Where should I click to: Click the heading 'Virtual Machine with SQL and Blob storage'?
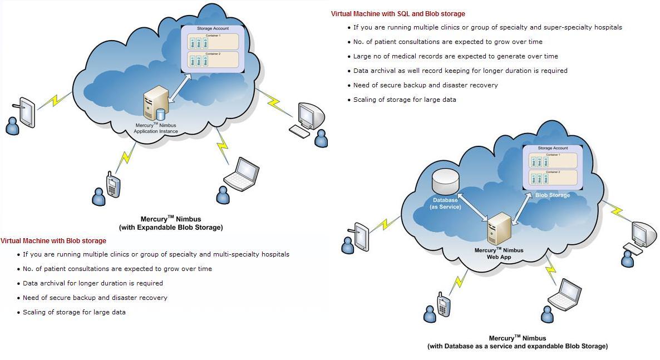coord(398,14)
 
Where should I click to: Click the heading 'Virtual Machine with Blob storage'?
coord(53,241)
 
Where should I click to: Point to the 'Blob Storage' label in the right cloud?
coord(552,195)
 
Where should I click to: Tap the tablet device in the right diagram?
coord(361,235)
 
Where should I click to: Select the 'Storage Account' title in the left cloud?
coord(213,28)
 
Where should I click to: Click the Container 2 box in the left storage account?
coord(213,60)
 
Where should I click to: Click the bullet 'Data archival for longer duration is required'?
coord(92,283)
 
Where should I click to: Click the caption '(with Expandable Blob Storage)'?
coord(171,228)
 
